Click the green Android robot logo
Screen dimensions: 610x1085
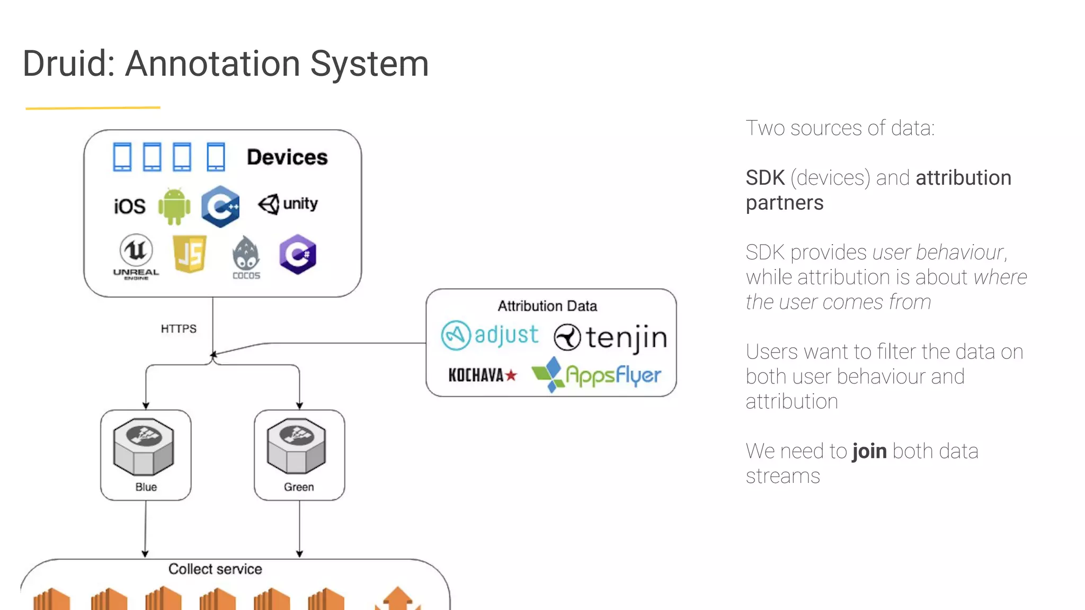pos(174,206)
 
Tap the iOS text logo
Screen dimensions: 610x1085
pos(129,206)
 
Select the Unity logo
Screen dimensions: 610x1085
pos(288,204)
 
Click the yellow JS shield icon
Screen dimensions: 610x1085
pos(190,254)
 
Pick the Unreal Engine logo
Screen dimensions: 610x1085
pos(136,256)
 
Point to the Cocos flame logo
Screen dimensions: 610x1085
pos(246,257)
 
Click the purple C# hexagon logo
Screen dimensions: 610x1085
pos(297,254)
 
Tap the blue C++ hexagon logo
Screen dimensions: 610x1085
pos(220,206)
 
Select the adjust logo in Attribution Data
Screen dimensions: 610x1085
pos(490,335)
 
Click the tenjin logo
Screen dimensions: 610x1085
pos(610,338)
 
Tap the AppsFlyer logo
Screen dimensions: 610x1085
pos(596,374)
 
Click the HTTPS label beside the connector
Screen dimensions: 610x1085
pos(179,329)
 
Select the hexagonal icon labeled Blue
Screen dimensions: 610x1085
pos(143,446)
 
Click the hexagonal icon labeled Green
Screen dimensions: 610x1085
pos(297,446)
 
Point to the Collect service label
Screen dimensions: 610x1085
pos(215,569)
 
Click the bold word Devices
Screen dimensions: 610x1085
pos(287,157)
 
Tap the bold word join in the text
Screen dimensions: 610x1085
pos(869,451)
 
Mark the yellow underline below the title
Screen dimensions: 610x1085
pos(93,108)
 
